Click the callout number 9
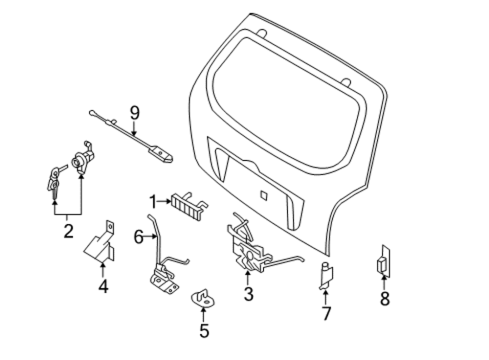(134, 113)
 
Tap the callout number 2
(68, 231)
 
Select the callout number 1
(153, 202)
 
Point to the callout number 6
(139, 237)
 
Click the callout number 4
(103, 286)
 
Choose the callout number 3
(248, 294)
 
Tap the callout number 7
(326, 313)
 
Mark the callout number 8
(385, 298)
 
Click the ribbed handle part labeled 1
(189, 206)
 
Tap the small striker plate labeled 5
(203, 299)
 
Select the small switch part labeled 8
(384, 262)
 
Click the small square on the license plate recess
(264, 195)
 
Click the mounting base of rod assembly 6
(164, 282)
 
